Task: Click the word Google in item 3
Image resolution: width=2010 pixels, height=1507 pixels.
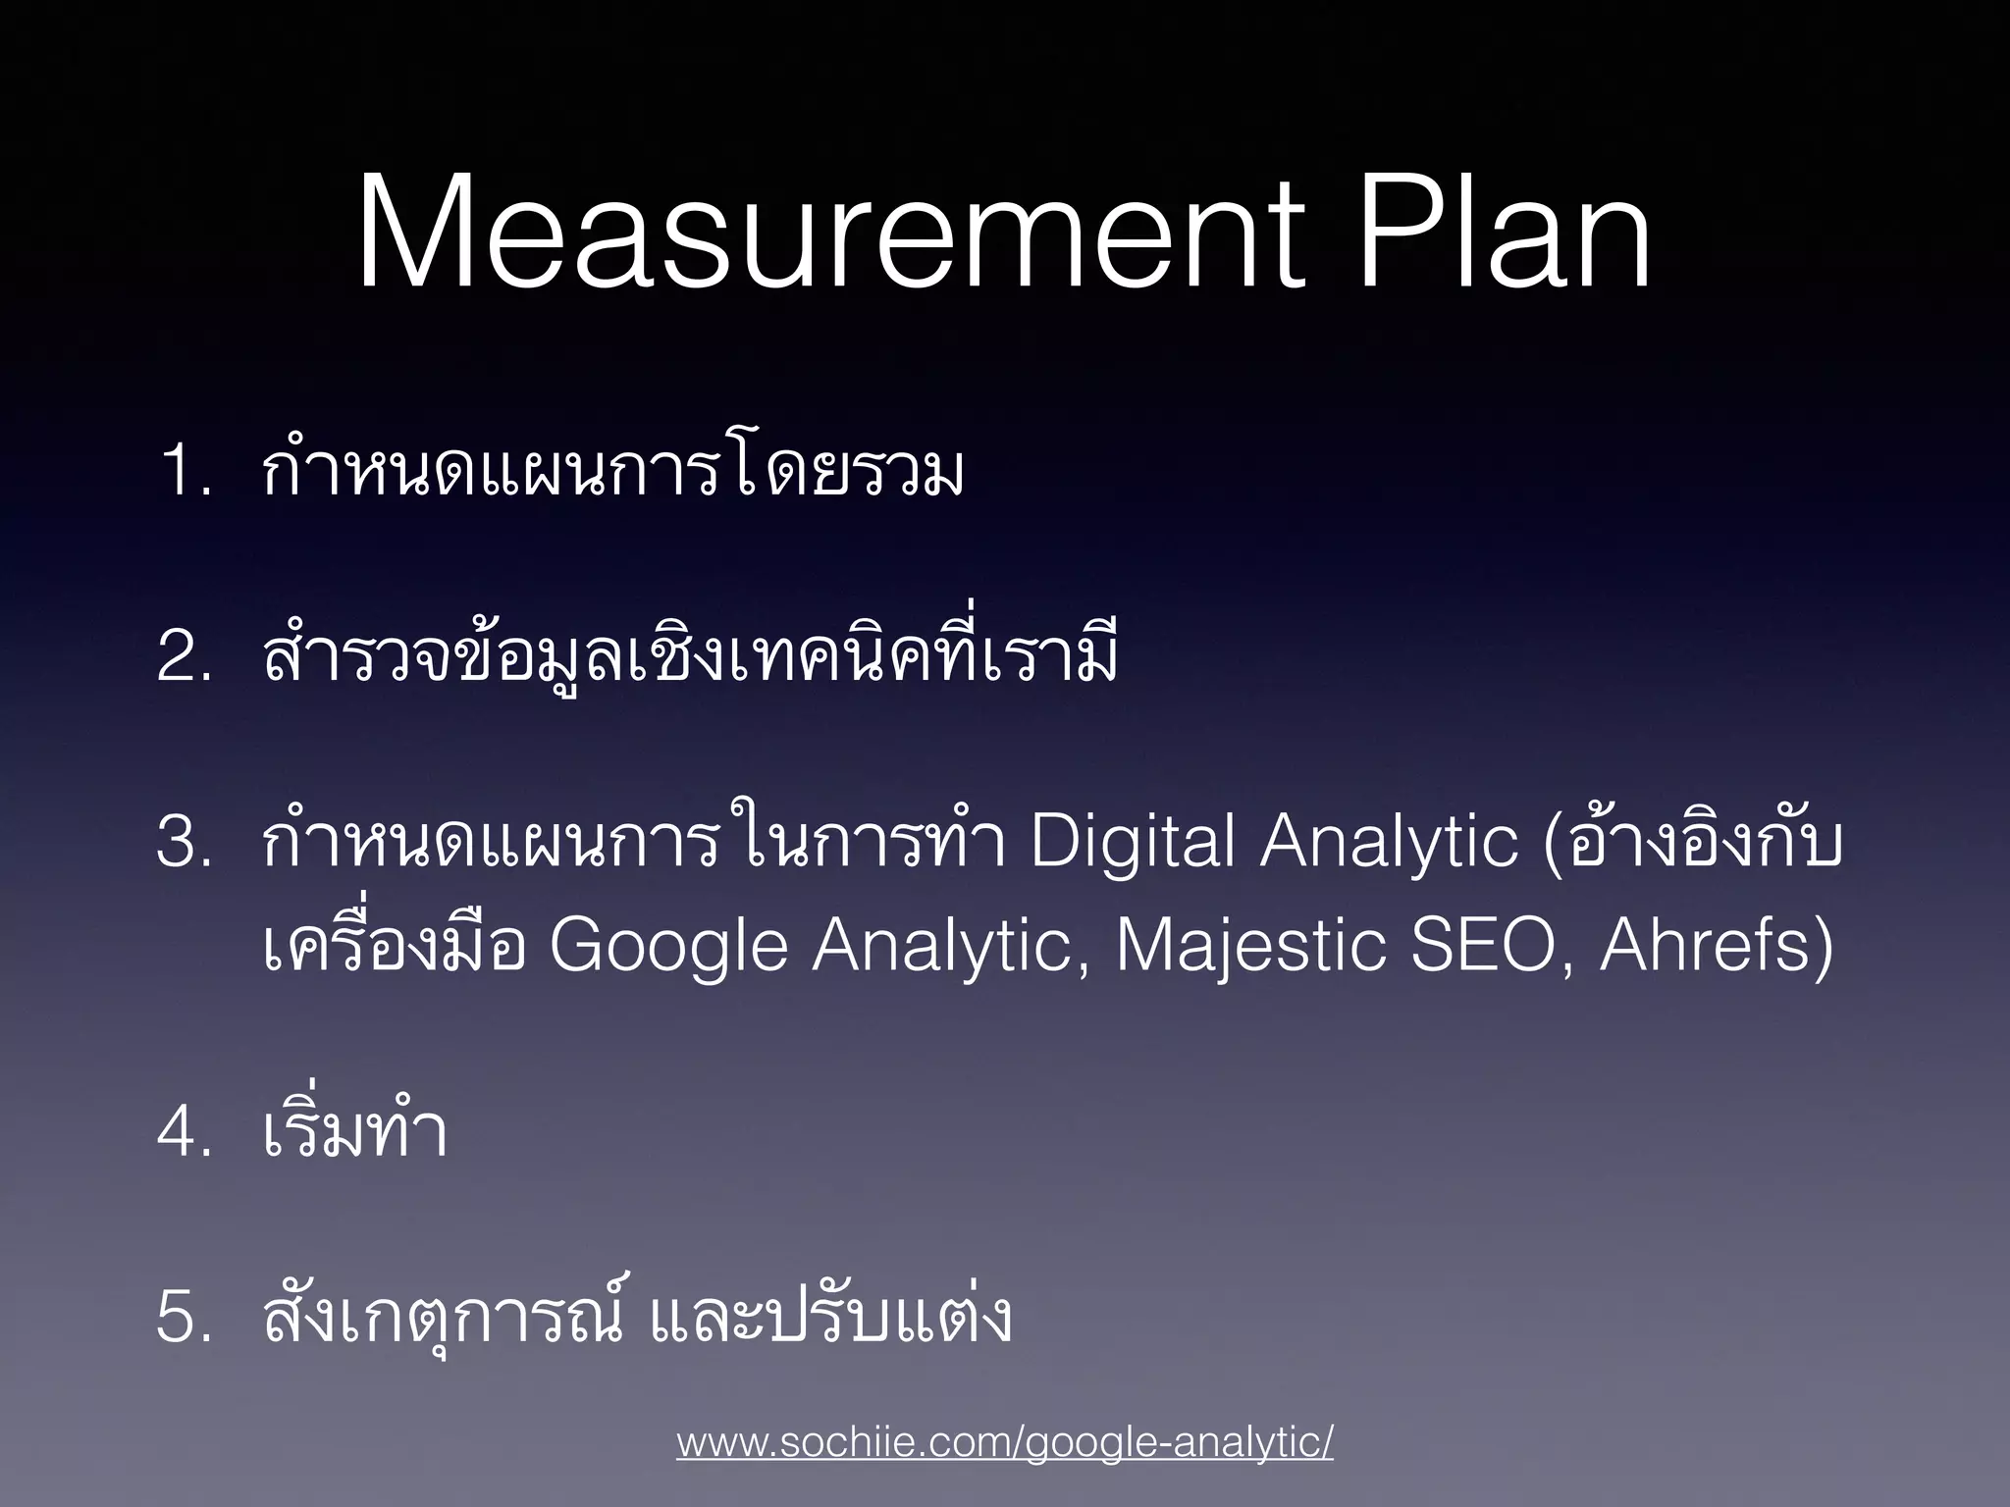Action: click(668, 947)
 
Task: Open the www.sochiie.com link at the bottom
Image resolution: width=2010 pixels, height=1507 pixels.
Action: click(1004, 1442)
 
